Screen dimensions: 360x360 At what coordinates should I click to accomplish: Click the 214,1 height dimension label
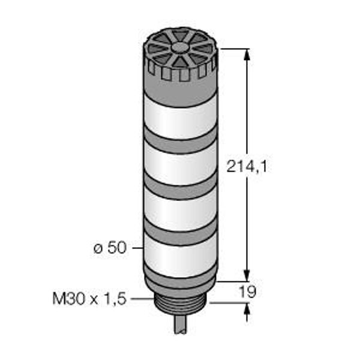pyautogui.click(x=247, y=166)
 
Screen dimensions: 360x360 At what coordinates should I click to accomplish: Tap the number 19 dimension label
pyautogui.click(x=247, y=292)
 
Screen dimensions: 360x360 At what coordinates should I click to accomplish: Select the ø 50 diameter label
pyautogui.click(x=110, y=248)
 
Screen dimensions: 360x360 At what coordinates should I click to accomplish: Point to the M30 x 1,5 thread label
pyautogui.click(x=89, y=299)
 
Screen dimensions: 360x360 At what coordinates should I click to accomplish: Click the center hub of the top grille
pyautogui.click(x=180, y=47)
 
